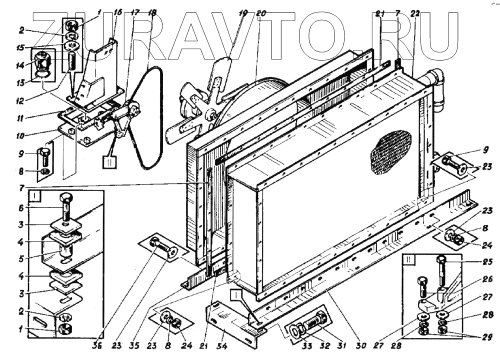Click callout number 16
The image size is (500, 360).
tap(118, 12)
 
